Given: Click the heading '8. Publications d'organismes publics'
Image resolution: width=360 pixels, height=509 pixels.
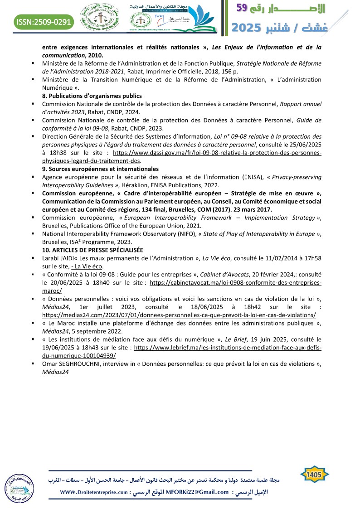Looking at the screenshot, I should point(92,96).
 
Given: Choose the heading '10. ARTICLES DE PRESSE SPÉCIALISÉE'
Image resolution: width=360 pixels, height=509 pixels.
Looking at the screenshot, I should point(92,250).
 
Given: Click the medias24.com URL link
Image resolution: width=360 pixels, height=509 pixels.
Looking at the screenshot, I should point(179,315).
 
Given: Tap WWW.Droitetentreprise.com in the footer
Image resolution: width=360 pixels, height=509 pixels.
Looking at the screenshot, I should point(95,492).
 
